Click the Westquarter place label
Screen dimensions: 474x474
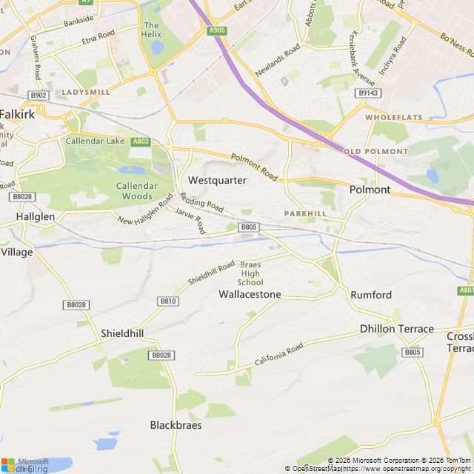pos(217,180)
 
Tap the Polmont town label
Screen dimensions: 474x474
pos(369,190)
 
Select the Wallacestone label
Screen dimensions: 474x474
pos(250,294)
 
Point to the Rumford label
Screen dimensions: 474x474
pos(371,295)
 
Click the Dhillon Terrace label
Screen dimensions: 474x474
pos(397,328)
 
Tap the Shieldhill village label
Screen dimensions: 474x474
pos(122,333)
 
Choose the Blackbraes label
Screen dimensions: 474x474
pos(176,425)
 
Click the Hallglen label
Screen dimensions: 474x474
pos(35,216)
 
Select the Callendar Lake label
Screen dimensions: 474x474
pos(96,141)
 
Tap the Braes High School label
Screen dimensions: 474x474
pos(250,273)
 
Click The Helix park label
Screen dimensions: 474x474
pos(151,30)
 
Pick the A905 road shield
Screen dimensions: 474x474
pos(217,30)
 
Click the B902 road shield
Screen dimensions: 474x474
pos(39,95)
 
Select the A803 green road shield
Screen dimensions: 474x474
pos(140,141)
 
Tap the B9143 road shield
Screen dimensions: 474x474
pos(367,93)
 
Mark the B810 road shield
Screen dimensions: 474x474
pos(168,301)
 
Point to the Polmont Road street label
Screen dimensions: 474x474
pos(253,167)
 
